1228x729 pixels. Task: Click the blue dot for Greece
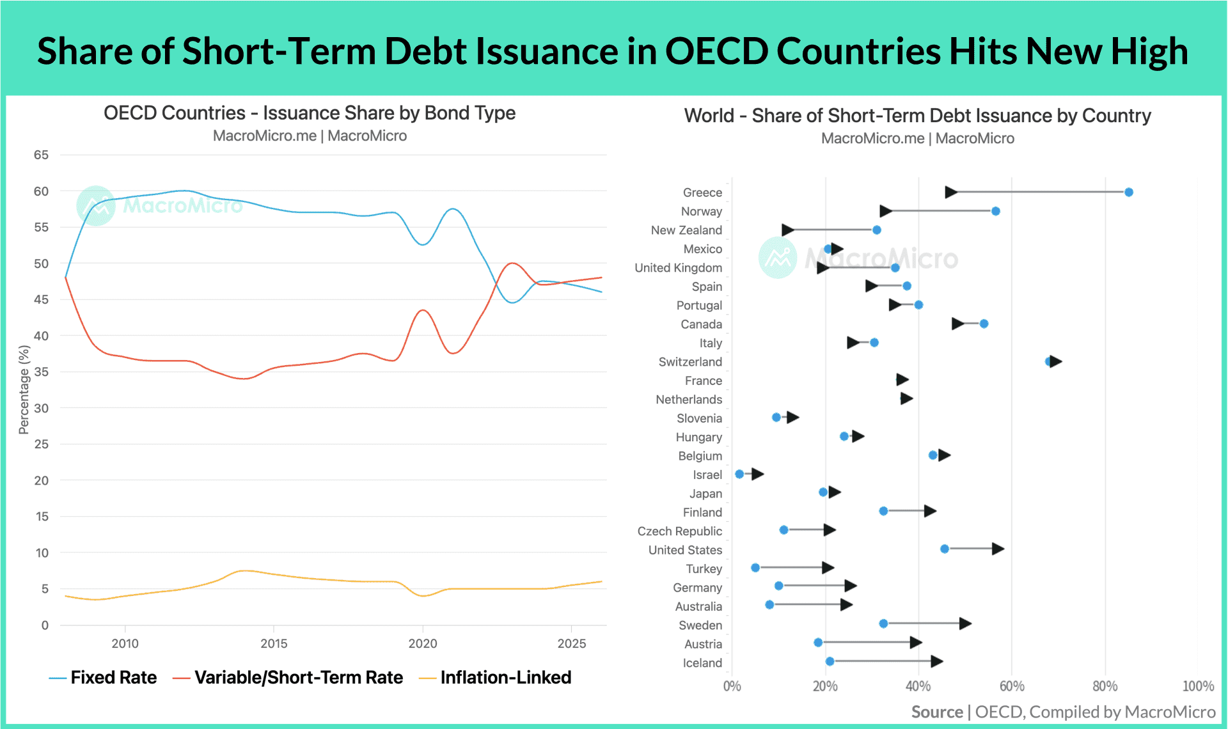pyautogui.click(x=1128, y=192)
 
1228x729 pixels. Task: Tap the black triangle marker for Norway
pyautogui.click(x=886, y=211)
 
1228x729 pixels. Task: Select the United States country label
pyautogui.click(x=685, y=550)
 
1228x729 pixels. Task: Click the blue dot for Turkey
pyautogui.click(x=755, y=568)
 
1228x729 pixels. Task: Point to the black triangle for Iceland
pyautogui.click(x=936, y=661)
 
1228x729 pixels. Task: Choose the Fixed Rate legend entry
pyautogui.click(x=103, y=678)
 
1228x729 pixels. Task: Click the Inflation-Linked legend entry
pyautogui.click(x=494, y=678)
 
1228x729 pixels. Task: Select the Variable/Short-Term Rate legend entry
pyautogui.click(x=288, y=678)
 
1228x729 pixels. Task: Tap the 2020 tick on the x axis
pyautogui.click(x=422, y=643)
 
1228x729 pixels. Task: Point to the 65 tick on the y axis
pyautogui.click(x=41, y=155)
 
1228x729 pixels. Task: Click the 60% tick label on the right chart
pyautogui.click(x=1011, y=686)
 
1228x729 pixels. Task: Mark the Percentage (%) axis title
pyautogui.click(x=24, y=389)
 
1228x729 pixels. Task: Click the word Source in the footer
pyautogui.click(x=937, y=712)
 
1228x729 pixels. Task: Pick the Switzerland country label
pyautogui.click(x=690, y=362)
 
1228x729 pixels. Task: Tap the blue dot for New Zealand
pyautogui.click(x=876, y=230)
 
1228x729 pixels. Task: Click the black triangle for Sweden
pyautogui.click(x=965, y=623)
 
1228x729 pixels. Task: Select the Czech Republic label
pyautogui.click(x=679, y=531)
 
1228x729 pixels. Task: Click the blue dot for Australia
pyautogui.click(x=769, y=605)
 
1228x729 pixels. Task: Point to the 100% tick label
pyautogui.click(x=1198, y=686)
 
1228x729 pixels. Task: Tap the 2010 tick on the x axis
pyautogui.click(x=125, y=643)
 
